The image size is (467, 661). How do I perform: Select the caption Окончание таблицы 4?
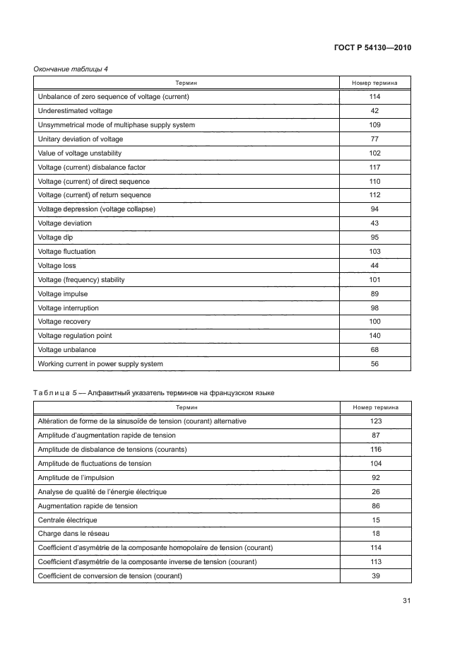71,69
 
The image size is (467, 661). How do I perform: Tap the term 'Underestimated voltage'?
75,111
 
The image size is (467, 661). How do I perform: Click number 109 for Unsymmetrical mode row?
374,125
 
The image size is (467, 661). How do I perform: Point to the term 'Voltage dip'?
55,238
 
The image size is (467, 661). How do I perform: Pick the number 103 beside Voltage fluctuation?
374,252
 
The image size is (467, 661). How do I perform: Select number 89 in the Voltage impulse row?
374,294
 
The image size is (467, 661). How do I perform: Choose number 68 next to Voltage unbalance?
374,350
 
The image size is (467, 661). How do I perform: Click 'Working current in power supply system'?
100,364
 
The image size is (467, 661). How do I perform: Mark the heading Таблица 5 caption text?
155,392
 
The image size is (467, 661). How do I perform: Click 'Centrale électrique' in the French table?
67,520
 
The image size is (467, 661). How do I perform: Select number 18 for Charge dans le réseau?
374,534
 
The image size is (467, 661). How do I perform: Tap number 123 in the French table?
374,421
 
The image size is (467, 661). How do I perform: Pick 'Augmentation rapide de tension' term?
88,505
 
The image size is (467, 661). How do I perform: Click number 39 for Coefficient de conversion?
374,575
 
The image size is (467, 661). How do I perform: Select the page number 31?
406,601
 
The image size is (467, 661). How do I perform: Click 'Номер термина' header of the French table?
374,408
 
